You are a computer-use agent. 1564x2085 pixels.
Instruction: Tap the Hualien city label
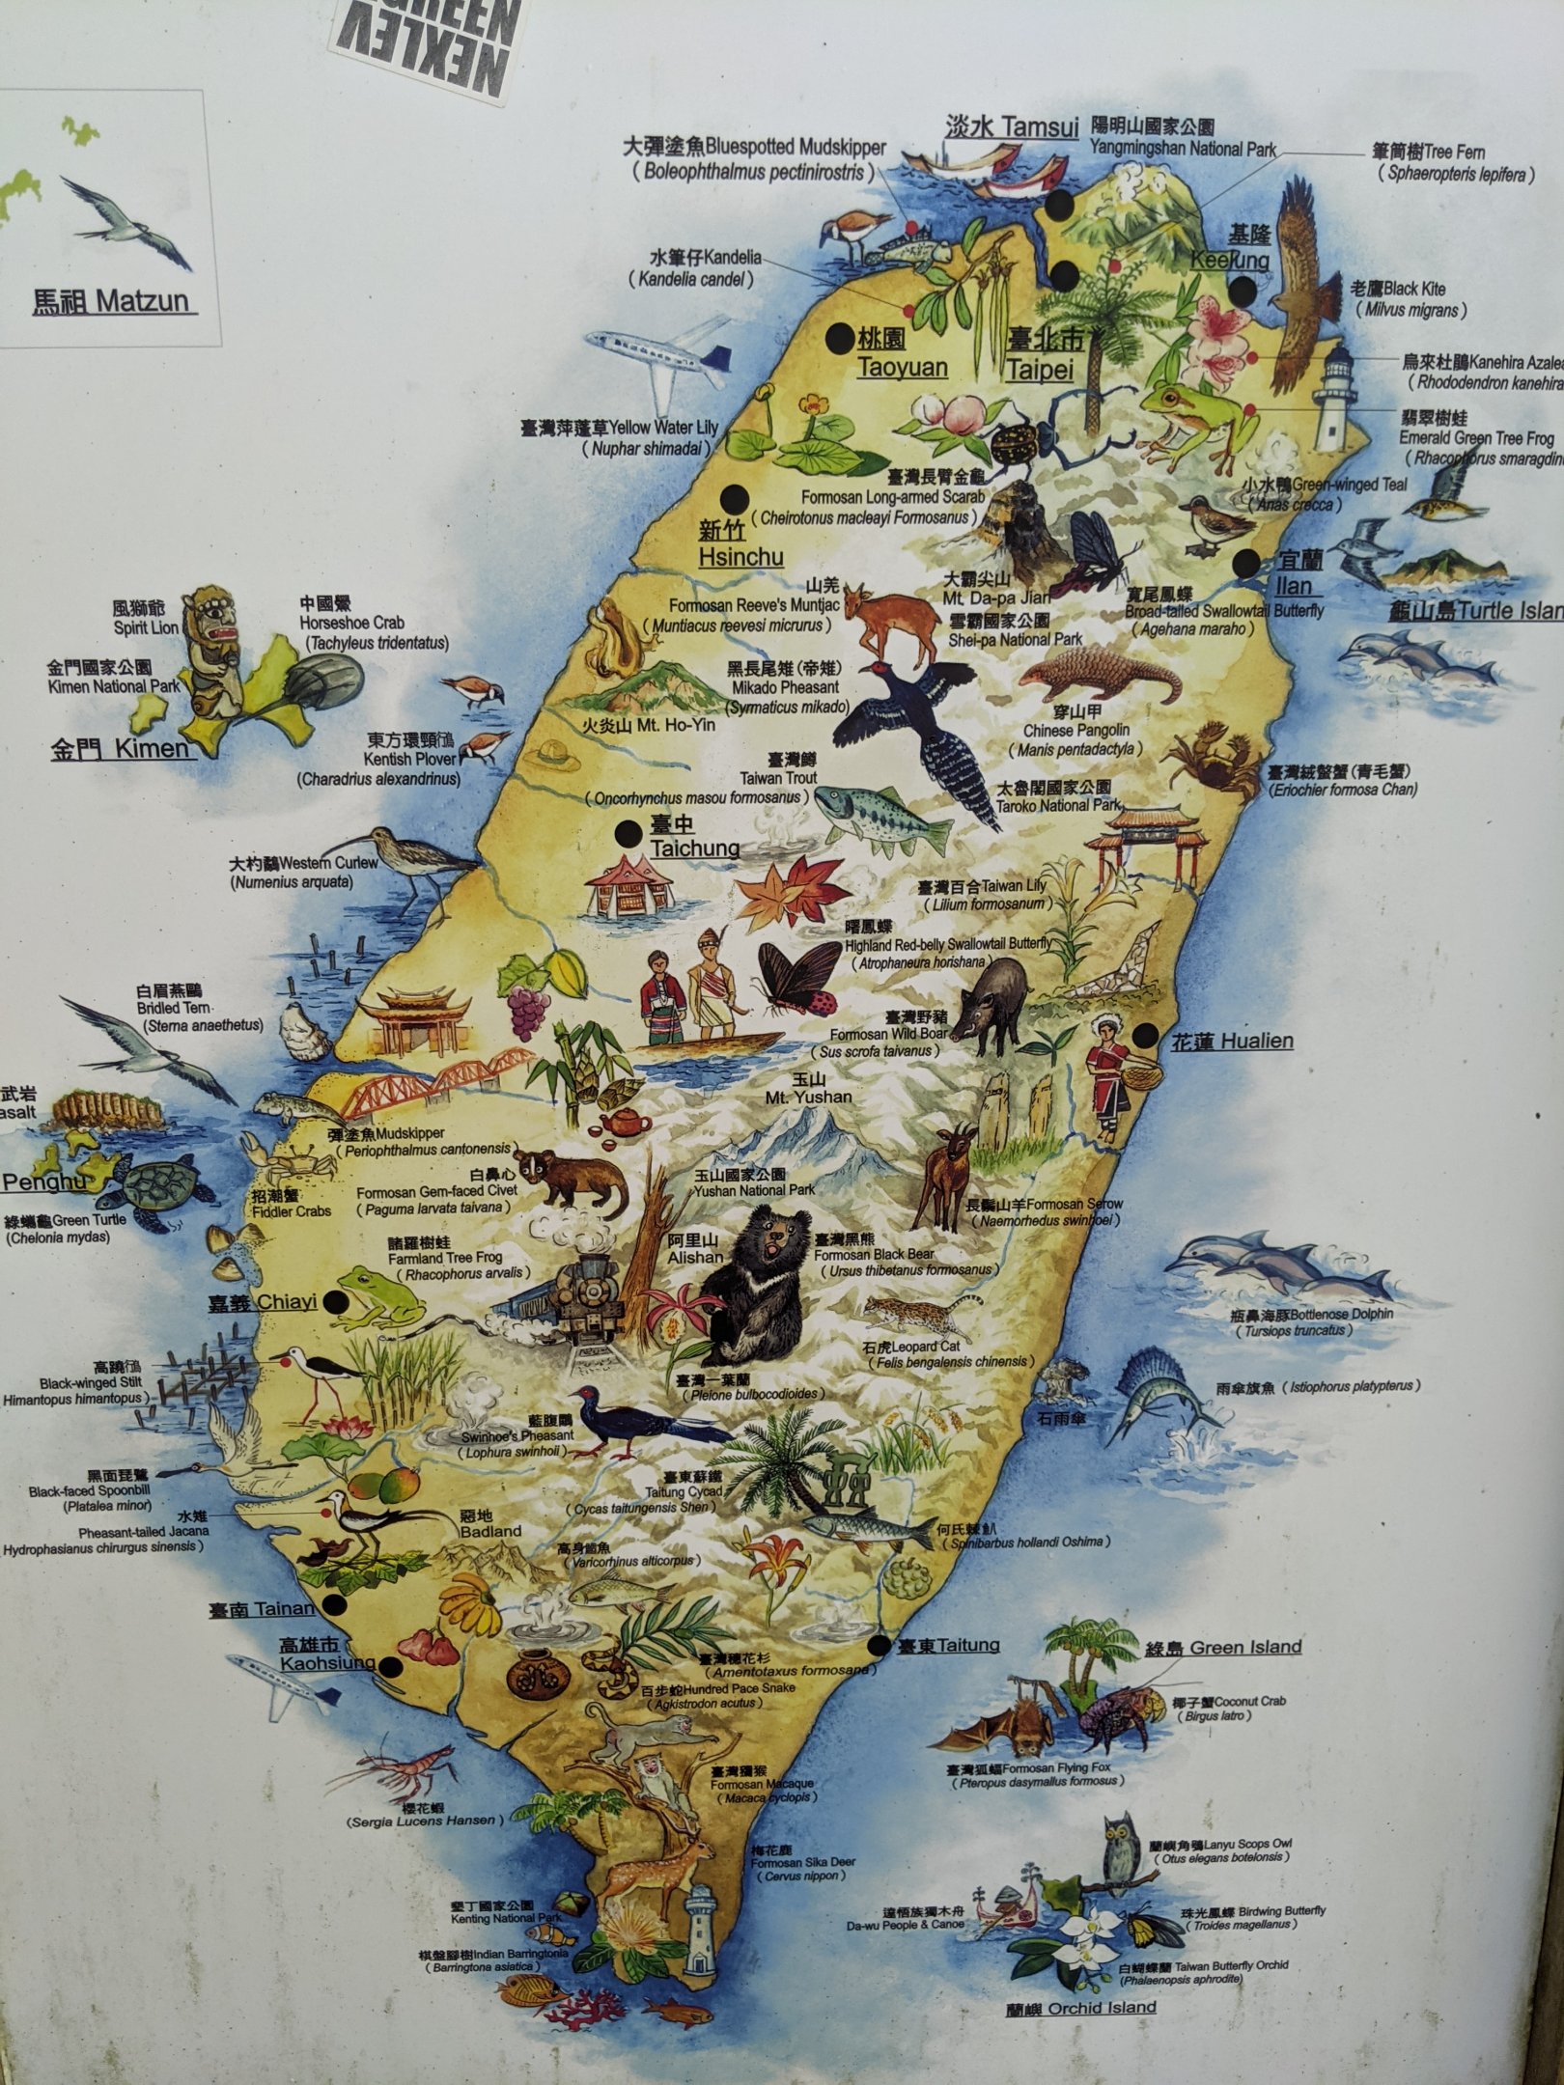(x=1231, y=1042)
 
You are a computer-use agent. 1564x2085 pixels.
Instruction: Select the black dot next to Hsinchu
(x=736, y=499)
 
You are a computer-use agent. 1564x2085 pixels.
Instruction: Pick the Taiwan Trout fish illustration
(x=880, y=817)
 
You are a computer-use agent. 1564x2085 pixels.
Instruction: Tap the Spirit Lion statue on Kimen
(x=213, y=651)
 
